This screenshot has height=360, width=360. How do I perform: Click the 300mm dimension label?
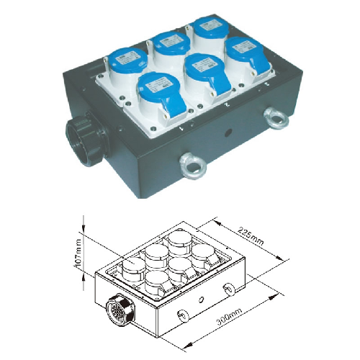pyautogui.click(x=229, y=316)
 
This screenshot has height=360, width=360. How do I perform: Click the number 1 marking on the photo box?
pyautogui.click(x=182, y=129)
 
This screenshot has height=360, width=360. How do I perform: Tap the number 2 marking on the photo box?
pyautogui.click(x=226, y=105)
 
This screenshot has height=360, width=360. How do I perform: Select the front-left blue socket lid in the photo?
pyautogui.click(x=161, y=90)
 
